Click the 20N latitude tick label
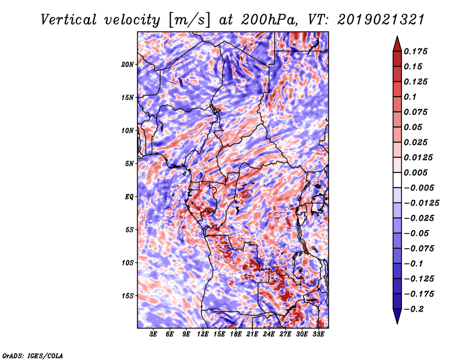pos(128,64)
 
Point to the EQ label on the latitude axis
pos(129,196)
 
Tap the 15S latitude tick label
pos(128,295)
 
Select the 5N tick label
pos(129,164)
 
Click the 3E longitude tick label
pos(153,335)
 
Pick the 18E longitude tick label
pos(236,335)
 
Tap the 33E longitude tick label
pos(319,335)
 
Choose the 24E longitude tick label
pos(269,335)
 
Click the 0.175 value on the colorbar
pos(418,51)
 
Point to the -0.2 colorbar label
pos(415,309)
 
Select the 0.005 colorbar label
pos(418,172)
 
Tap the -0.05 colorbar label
pos(416,233)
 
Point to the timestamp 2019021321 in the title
pos(377,20)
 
